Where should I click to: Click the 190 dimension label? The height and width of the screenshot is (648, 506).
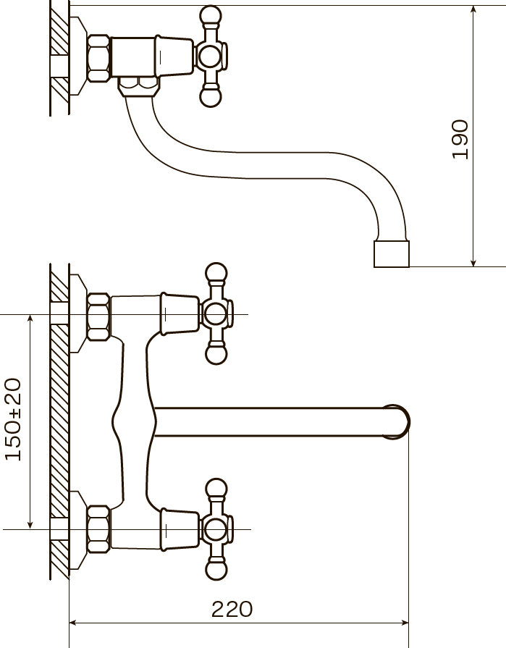[460, 139]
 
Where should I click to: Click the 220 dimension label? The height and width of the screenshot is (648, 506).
[232, 609]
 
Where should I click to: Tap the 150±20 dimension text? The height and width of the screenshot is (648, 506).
[13, 419]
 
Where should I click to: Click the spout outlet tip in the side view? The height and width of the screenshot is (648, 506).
[392, 253]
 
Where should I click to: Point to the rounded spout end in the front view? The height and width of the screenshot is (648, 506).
[397, 421]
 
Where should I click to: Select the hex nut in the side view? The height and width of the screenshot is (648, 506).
[98, 57]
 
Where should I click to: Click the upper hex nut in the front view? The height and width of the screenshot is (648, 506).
[98, 316]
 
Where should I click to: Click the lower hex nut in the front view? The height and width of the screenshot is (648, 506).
[98, 529]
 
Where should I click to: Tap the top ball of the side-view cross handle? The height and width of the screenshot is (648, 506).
[210, 16]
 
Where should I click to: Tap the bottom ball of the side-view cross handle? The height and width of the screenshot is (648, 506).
[210, 96]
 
